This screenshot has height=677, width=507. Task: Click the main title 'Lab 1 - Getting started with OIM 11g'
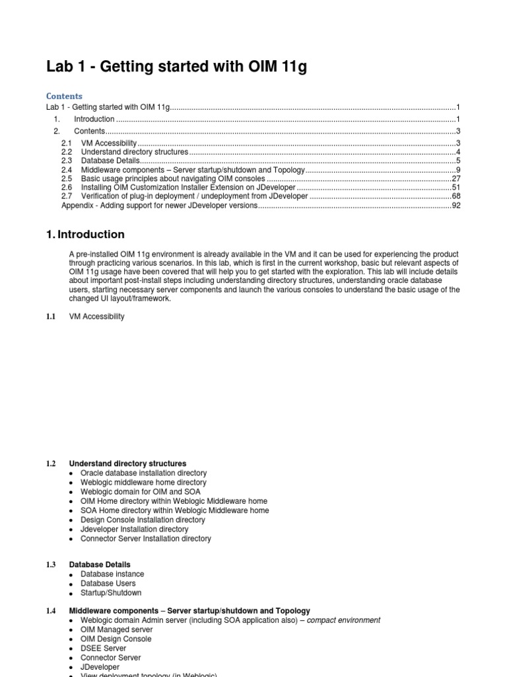click(176, 67)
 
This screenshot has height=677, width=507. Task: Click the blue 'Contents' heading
click(64, 96)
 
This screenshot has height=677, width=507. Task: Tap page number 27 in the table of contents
click(456, 179)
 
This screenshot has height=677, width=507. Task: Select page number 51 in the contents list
click(456, 188)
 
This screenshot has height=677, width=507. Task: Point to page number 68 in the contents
click(456, 197)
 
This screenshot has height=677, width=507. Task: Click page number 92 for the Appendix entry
click(456, 206)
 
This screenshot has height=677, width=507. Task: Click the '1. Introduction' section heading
click(85, 235)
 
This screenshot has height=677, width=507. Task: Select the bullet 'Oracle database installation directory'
click(143, 473)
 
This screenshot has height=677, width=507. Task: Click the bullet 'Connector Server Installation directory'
click(145, 539)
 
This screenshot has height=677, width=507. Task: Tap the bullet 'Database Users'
click(108, 584)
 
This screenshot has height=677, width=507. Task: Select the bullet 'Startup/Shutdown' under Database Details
click(110, 593)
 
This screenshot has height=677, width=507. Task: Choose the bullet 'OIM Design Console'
click(116, 639)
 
